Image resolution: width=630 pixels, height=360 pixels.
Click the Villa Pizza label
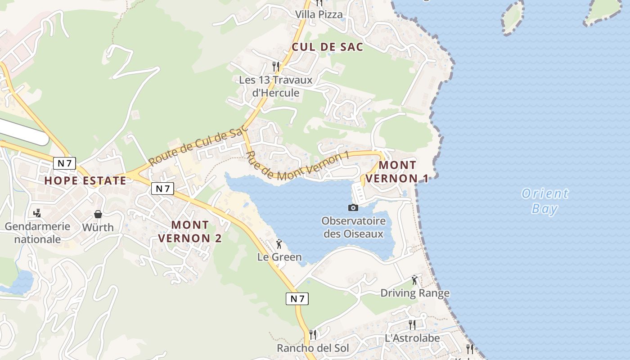[319, 14]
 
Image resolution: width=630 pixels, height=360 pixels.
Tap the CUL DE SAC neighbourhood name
[327, 47]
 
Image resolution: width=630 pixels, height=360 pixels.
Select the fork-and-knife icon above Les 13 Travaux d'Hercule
[276, 66]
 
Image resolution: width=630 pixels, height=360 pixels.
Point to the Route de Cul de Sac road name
[198, 144]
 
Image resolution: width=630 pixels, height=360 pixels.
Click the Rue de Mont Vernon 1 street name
[297, 167]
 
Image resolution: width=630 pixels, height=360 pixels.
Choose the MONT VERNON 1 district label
[397, 171]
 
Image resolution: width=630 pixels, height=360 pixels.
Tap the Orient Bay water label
[544, 201]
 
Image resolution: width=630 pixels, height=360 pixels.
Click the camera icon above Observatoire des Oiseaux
[353, 207]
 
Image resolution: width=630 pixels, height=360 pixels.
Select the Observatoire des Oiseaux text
[353, 227]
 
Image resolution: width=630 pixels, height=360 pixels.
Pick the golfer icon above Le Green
[279, 244]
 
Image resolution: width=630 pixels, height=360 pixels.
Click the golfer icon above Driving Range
[414, 280]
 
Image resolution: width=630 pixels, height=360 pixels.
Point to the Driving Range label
[415, 293]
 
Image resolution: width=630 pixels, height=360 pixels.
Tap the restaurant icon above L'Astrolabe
[412, 324]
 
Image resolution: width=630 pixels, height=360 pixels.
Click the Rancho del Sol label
[313, 348]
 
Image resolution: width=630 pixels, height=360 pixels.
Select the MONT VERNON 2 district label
[190, 231]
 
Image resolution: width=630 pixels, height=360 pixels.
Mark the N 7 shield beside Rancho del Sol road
[297, 298]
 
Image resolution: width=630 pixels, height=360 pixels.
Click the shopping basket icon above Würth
[98, 214]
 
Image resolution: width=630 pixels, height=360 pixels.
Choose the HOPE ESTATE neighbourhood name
[85, 181]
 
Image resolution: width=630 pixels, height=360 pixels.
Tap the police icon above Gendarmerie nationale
[37, 213]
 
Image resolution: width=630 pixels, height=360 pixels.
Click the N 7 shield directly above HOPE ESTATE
[64, 163]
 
